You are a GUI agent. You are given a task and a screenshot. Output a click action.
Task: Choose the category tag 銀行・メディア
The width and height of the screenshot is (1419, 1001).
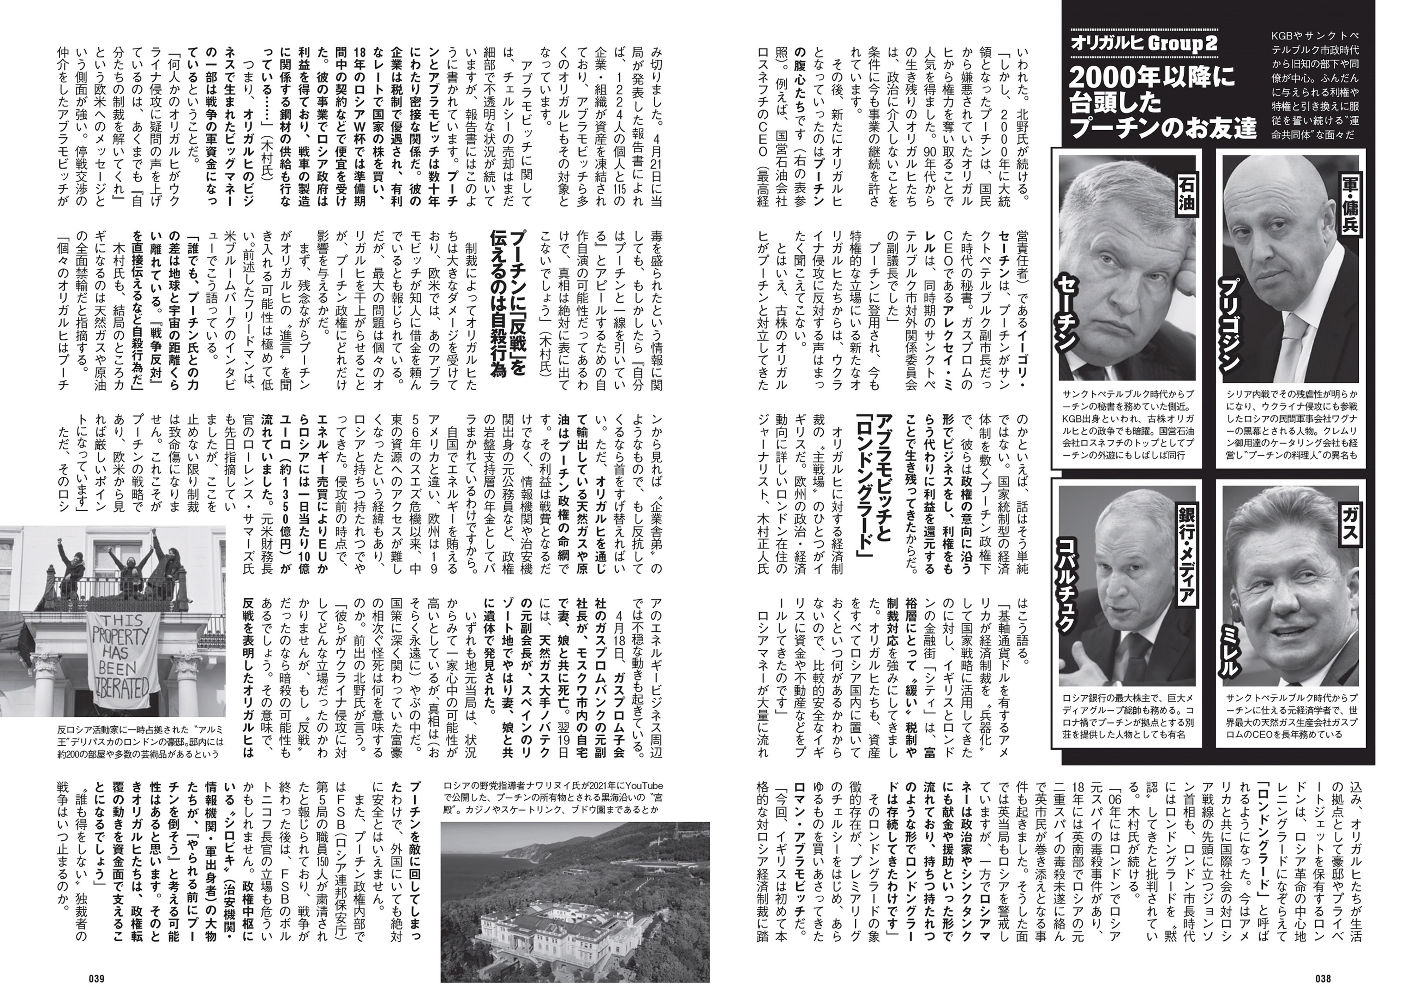[1186, 557]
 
